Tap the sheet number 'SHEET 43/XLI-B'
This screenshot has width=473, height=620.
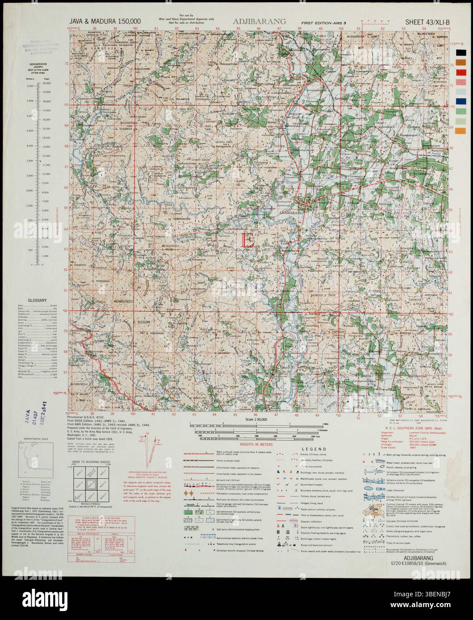(x=426, y=21)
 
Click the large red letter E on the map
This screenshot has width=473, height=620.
(x=247, y=240)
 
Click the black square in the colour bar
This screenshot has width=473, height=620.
(x=460, y=53)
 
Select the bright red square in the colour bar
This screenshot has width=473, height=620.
(x=460, y=72)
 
